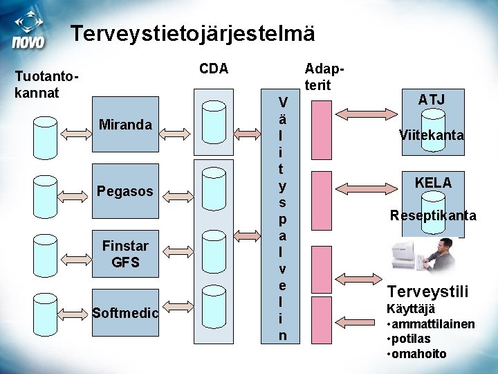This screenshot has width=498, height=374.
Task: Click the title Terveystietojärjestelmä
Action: [x=193, y=33]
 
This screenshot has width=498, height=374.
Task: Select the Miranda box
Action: [x=125, y=125]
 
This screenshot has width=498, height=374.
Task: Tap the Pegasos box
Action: [x=125, y=190]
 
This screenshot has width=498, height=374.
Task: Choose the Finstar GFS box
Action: [x=125, y=254]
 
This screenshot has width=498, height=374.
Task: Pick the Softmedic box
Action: [x=125, y=313]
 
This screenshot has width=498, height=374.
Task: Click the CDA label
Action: [x=214, y=69]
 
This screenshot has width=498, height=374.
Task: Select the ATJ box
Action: [x=432, y=100]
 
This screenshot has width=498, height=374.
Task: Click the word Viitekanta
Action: [x=432, y=136]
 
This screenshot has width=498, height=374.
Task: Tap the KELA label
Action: [x=433, y=183]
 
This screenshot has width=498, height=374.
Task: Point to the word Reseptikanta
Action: [x=432, y=215]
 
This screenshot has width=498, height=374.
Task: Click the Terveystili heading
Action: [x=427, y=290]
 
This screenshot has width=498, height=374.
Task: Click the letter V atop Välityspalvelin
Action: [x=283, y=103]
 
